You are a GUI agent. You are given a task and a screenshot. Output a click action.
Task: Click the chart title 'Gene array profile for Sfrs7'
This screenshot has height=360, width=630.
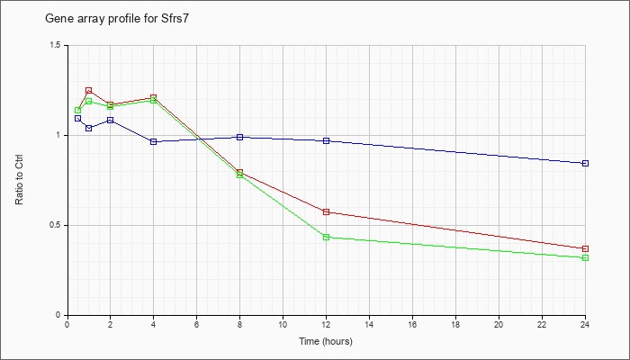click(116, 19)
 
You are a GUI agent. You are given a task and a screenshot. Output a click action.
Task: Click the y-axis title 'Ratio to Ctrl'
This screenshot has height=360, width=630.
click(19, 179)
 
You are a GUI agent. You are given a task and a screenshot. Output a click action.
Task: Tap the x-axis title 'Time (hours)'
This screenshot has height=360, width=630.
click(326, 342)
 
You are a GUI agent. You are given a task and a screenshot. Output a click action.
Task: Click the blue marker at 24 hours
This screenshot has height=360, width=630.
click(585, 163)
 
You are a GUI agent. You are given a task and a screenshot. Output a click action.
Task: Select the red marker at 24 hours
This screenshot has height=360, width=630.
click(585, 248)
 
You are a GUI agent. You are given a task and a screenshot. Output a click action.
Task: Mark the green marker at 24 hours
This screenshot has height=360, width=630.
click(585, 257)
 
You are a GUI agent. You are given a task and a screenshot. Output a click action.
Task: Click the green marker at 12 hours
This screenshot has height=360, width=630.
click(326, 237)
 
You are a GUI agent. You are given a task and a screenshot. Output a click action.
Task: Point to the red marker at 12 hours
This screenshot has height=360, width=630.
click(326, 211)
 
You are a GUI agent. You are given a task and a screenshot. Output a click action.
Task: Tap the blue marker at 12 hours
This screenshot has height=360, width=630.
click(326, 140)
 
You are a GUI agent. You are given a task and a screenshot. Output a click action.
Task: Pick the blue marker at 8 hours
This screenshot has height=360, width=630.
click(240, 137)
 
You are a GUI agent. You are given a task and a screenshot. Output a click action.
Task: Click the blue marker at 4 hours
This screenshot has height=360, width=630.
click(154, 142)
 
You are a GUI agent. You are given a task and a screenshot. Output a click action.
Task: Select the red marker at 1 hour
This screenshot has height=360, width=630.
click(89, 90)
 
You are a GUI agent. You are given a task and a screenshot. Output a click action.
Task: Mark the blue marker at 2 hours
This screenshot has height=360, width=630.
click(111, 120)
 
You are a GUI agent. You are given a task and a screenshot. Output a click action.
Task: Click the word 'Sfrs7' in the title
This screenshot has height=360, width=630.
click(176, 19)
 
